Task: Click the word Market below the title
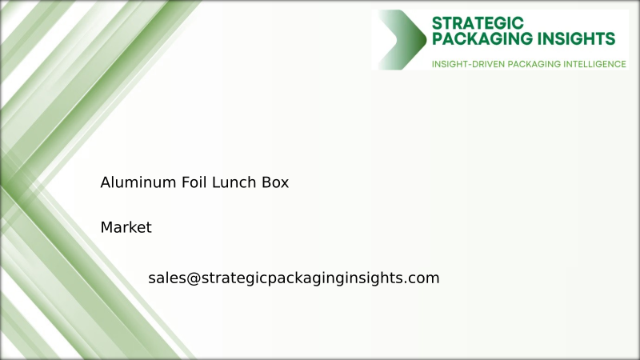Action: point(126,228)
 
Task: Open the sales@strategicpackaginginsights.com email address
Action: point(294,278)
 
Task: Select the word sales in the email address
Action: point(166,278)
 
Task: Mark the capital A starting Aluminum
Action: point(105,182)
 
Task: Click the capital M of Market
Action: point(106,228)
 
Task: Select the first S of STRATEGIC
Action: point(437,22)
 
